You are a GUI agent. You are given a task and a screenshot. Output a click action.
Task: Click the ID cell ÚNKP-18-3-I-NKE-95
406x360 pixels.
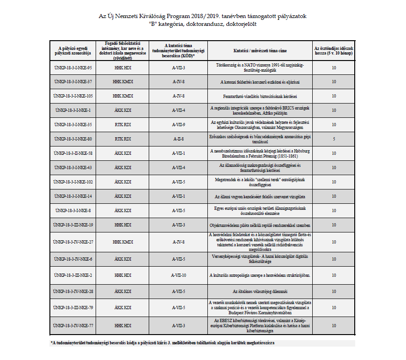73,68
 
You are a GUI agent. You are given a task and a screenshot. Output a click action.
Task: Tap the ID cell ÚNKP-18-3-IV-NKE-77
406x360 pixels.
73,325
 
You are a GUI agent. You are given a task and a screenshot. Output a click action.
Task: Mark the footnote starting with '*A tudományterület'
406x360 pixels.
164,343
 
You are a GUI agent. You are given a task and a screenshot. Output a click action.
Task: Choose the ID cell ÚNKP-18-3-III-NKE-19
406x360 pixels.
73,225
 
